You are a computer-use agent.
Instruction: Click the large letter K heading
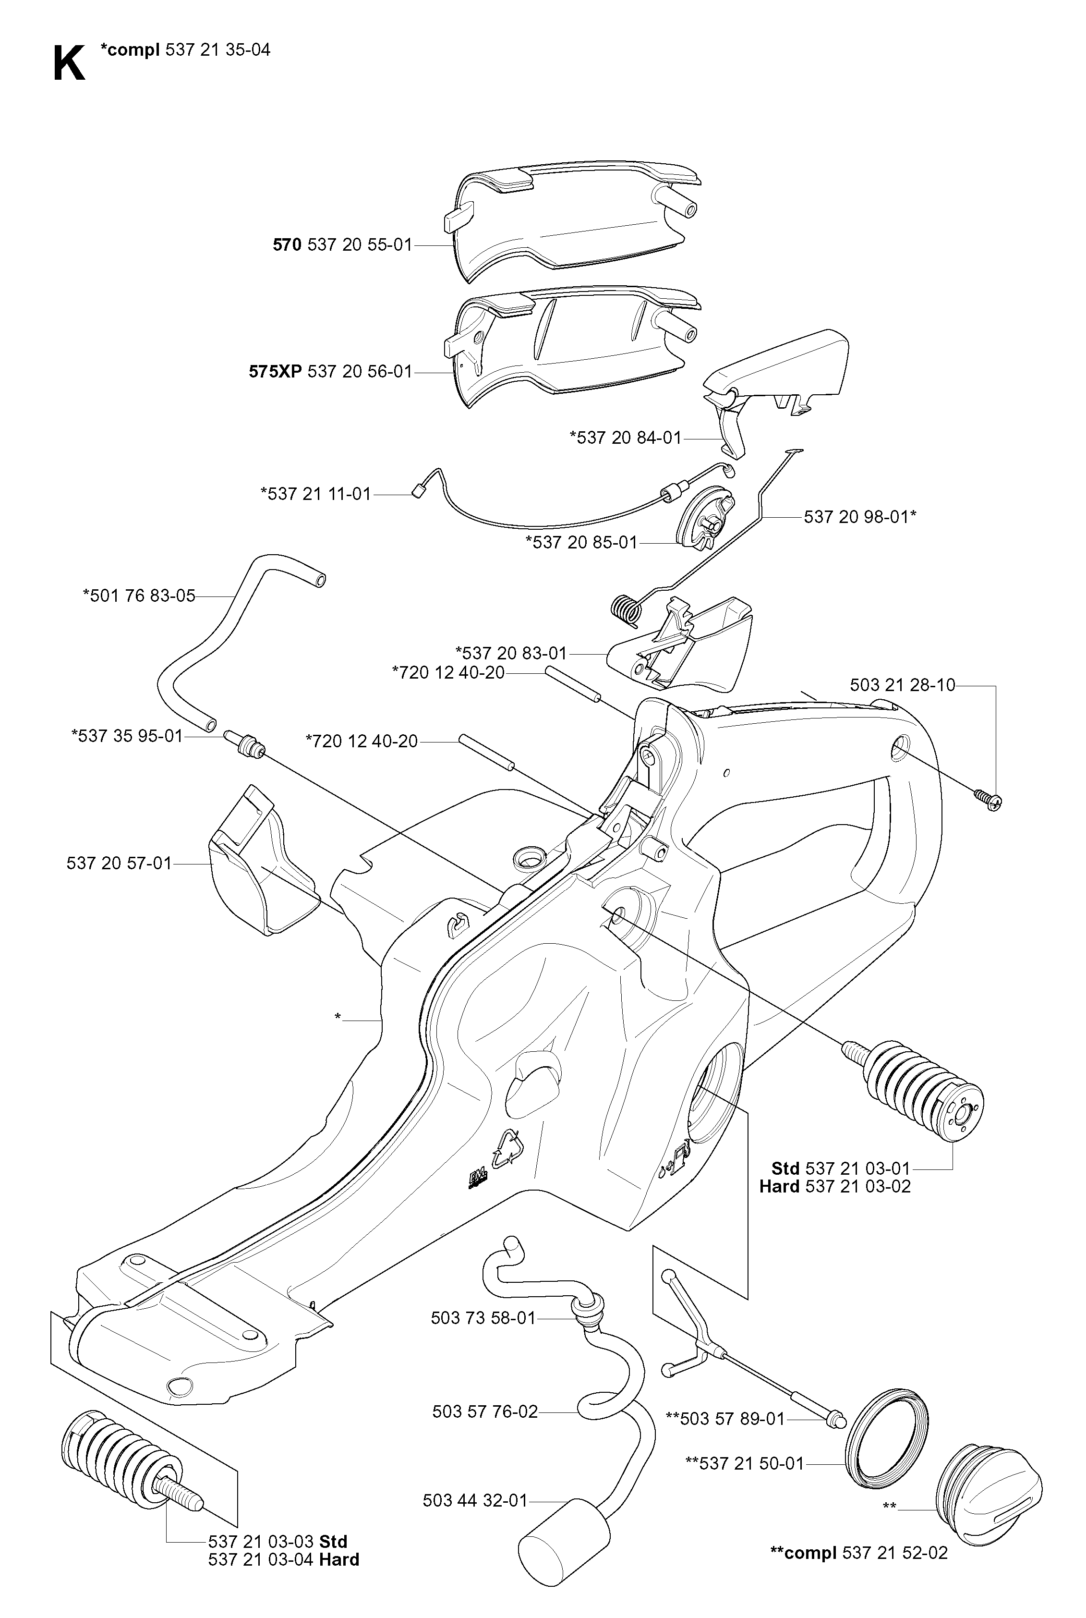(69, 64)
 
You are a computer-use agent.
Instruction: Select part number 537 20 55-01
(360, 244)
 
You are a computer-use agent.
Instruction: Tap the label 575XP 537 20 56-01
(330, 371)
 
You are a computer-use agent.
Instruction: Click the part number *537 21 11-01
(316, 494)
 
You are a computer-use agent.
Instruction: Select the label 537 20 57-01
(119, 863)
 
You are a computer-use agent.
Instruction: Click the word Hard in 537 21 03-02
(779, 1187)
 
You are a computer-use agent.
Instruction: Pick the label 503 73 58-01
(483, 1318)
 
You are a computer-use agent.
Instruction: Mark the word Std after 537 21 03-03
(333, 1541)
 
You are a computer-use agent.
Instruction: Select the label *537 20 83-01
(511, 653)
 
